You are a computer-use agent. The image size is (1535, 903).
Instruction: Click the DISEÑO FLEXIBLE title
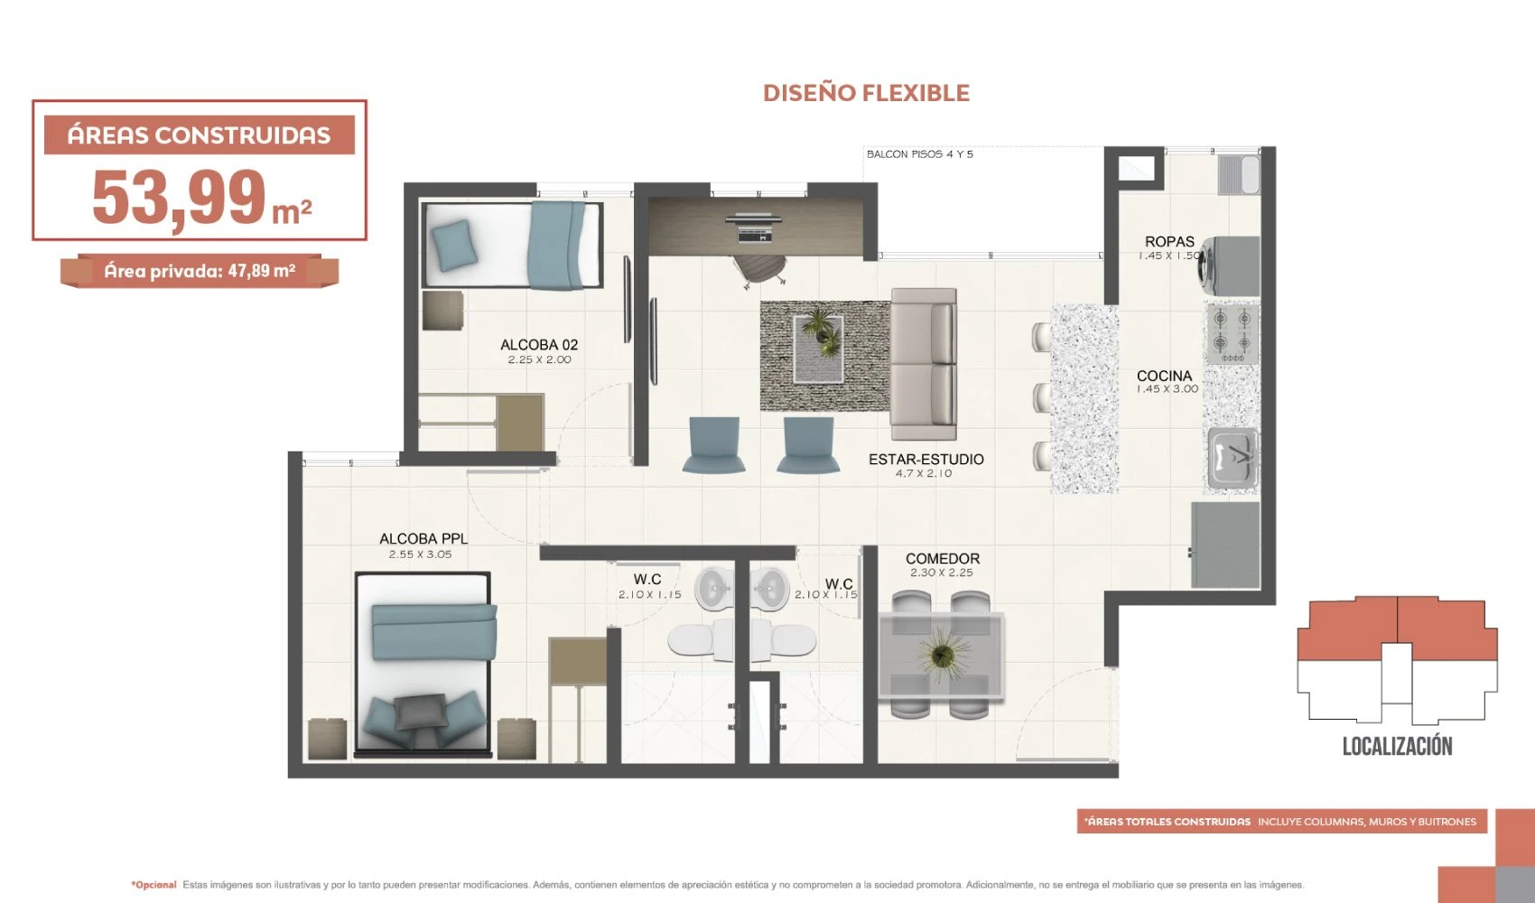pyautogui.click(x=866, y=93)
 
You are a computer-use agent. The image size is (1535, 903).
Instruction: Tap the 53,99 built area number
pyautogui.click(x=179, y=198)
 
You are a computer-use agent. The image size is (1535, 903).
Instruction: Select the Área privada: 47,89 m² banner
pyautogui.click(x=200, y=271)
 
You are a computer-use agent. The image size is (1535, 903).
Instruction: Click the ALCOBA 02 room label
pyautogui.click(x=539, y=345)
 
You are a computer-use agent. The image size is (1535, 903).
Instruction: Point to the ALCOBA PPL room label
pyautogui.click(x=423, y=539)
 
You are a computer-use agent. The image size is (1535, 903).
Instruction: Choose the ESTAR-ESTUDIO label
pyautogui.click(x=926, y=459)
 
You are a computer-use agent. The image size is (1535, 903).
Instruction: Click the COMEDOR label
pyautogui.click(x=943, y=558)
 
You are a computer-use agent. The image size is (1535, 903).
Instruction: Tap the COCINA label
pyautogui.click(x=1164, y=376)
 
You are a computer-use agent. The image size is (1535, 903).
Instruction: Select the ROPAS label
pyautogui.click(x=1169, y=241)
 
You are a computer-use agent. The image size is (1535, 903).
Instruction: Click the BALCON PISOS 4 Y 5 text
pyautogui.click(x=919, y=154)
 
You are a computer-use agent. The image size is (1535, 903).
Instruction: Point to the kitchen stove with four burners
pyautogui.click(x=1233, y=334)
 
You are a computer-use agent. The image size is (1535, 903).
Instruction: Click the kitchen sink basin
pyautogui.click(x=1233, y=457)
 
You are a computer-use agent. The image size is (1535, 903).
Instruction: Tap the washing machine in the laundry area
pyautogui.click(x=1228, y=266)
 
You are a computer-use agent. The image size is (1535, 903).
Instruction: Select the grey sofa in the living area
pyautogui.click(x=923, y=364)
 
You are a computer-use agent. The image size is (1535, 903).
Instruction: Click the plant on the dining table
pyautogui.click(x=943, y=656)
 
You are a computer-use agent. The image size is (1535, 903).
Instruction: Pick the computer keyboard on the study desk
pyautogui.click(x=754, y=237)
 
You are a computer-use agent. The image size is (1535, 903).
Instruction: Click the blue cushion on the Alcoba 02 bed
pyautogui.click(x=453, y=245)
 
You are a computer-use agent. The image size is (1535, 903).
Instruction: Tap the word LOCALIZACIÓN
pyautogui.click(x=1397, y=746)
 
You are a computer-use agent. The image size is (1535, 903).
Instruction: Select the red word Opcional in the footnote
pyautogui.click(x=154, y=885)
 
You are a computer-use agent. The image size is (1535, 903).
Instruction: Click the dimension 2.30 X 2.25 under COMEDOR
pyautogui.click(x=941, y=573)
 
